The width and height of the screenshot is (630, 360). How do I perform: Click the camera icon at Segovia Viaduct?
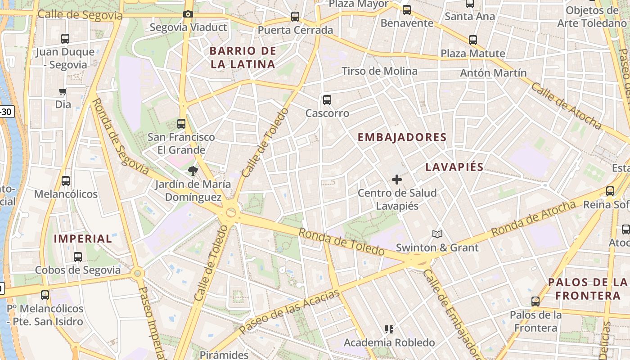(x=188, y=14)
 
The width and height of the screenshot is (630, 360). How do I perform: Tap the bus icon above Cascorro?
(x=327, y=100)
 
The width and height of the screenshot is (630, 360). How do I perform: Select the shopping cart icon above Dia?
(x=63, y=92)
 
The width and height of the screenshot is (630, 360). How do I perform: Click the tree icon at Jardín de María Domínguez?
(x=193, y=171)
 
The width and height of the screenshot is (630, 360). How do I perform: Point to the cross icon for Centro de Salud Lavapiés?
(x=396, y=180)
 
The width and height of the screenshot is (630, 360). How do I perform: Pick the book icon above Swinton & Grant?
(x=437, y=234)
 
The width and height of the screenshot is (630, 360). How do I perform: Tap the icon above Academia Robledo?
(x=389, y=329)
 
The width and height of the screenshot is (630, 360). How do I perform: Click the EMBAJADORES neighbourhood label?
(x=402, y=137)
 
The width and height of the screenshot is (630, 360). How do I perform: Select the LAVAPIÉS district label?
(x=454, y=167)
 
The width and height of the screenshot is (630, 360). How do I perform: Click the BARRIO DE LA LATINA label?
(x=243, y=58)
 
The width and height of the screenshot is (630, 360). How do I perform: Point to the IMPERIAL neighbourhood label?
(x=83, y=238)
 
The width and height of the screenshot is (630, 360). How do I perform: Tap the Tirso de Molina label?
(x=379, y=71)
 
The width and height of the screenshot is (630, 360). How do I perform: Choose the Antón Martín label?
(x=493, y=73)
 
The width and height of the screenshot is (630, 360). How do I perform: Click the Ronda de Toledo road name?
(x=342, y=242)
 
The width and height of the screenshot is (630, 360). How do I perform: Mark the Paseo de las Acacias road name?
(x=289, y=312)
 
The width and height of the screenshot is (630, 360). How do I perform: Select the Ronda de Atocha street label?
(x=533, y=219)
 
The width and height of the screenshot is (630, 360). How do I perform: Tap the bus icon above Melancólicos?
(x=66, y=181)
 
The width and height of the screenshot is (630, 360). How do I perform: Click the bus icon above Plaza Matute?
(x=472, y=40)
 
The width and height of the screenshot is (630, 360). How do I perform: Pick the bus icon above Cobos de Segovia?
(x=78, y=257)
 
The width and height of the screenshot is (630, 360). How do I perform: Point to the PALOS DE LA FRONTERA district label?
(x=588, y=289)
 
